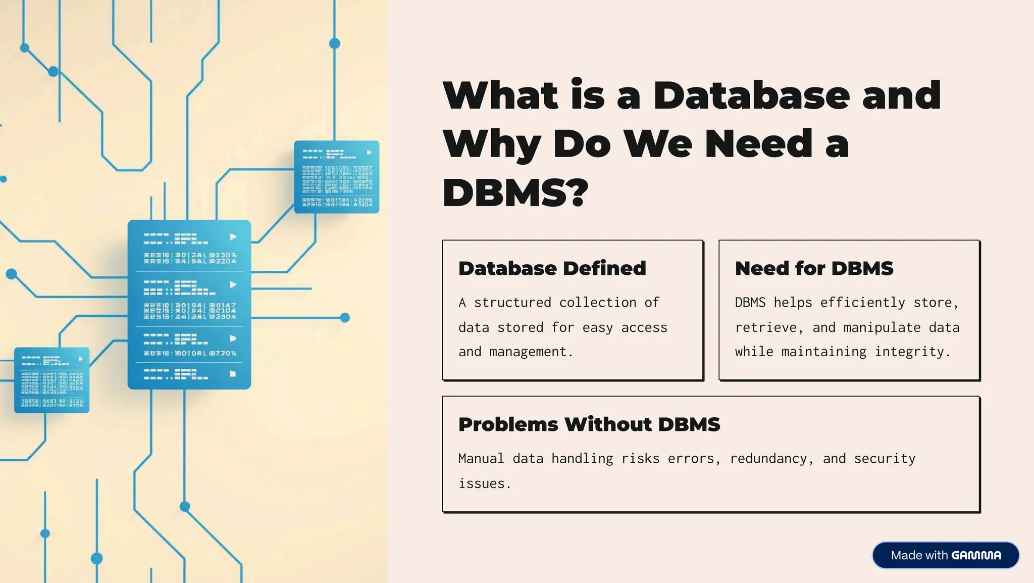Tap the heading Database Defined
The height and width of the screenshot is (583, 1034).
pyautogui.click(x=552, y=268)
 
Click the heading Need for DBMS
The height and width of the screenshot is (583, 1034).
pyautogui.click(x=814, y=268)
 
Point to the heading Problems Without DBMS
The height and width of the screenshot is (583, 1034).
pyautogui.click(x=589, y=424)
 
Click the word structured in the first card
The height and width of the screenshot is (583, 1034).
pyautogui.click(x=512, y=303)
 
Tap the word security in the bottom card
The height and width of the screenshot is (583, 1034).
pyautogui.click(x=884, y=459)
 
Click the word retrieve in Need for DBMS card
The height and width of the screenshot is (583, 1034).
pyautogui.click(x=765, y=328)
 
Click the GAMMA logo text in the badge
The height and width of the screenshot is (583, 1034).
pyautogui.click(x=976, y=556)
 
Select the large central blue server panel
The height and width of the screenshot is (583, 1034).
pyautogui.click(x=189, y=305)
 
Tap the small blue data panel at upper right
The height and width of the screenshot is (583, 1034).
pyautogui.click(x=336, y=177)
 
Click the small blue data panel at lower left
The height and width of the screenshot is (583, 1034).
pyautogui.click(x=52, y=380)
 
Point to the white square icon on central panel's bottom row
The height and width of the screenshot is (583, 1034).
pyautogui.click(x=233, y=374)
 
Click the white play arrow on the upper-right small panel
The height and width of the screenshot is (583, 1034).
pyautogui.click(x=369, y=152)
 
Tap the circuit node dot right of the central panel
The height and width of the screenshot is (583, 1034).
pyautogui.click(x=345, y=318)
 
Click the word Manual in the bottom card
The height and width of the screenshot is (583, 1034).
pyautogui.click(x=481, y=459)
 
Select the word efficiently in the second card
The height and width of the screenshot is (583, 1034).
pyautogui.click(x=862, y=303)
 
